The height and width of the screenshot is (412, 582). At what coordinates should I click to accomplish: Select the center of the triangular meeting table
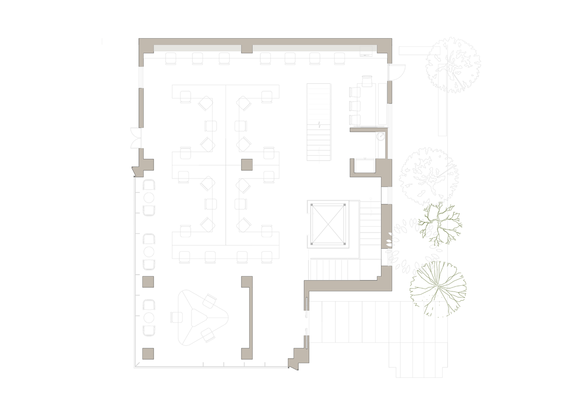[x=198, y=317]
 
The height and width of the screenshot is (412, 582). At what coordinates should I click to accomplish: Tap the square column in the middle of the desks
[x=246, y=164]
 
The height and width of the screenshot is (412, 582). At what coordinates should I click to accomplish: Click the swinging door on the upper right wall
[x=396, y=72]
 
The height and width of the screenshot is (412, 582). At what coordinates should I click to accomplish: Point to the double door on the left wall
[x=135, y=138]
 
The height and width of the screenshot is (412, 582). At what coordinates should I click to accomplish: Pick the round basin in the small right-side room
[x=381, y=136]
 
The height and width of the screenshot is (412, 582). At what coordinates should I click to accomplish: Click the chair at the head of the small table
[x=367, y=81]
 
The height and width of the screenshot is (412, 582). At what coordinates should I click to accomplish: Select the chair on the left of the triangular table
[x=176, y=317]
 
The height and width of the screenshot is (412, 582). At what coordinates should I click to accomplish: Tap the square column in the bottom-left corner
[x=148, y=353]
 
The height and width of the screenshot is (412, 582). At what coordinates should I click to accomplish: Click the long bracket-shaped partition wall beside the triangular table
[x=248, y=317]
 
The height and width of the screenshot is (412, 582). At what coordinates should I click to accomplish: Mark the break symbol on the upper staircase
[x=319, y=124]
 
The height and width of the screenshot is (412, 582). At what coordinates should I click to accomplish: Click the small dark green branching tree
[x=439, y=224]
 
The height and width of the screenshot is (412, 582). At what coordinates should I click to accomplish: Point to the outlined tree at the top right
[x=453, y=65]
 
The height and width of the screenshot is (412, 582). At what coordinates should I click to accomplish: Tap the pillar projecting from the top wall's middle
[x=246, y=48]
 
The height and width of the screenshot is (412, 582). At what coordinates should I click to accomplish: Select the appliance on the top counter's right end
[x=366, y=51]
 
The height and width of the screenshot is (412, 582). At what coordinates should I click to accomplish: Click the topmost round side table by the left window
[x=149, y=198]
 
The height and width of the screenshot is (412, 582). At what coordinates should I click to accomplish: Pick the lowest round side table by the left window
[x=149, y=318]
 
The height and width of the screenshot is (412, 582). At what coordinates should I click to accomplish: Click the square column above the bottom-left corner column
[x=148, y=282]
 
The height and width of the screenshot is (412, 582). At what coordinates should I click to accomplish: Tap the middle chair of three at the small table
[x=355, y=106]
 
